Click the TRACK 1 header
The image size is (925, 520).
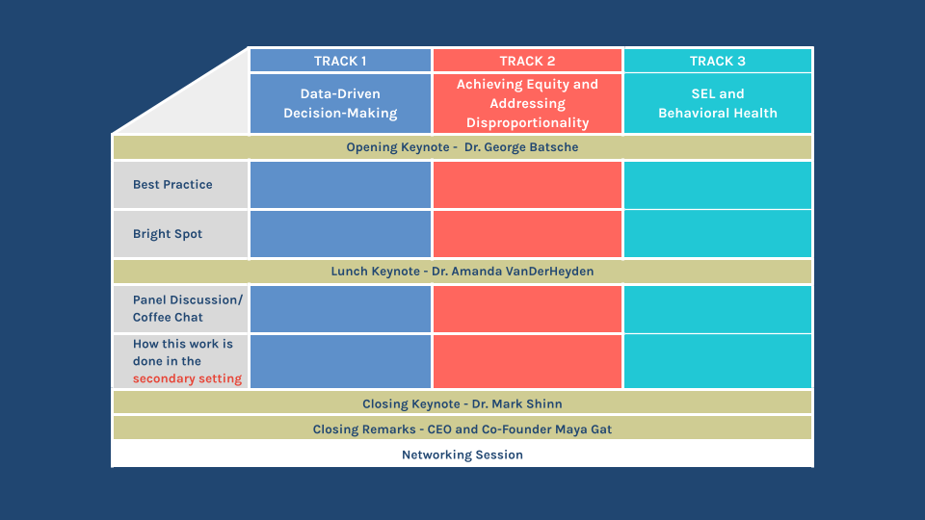coord(340,61)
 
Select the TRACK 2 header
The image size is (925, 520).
coord(527,61)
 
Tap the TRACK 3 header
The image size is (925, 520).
coord(718,61)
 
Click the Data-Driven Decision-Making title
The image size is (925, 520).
coord(340,103)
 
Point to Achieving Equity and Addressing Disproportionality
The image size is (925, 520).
coord(527,103)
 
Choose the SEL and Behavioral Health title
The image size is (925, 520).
coord(718,103)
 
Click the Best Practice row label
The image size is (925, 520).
coord(172,185)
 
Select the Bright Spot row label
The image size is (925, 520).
coord(168,234)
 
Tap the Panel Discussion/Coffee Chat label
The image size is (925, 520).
coord(188,308)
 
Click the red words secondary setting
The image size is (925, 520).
coord(188,378)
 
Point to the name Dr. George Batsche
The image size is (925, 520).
coord(520,147)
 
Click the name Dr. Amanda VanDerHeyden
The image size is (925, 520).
coord(513,272)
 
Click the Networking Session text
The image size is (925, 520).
coord(462,455)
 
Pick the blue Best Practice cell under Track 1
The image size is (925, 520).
coord(340,185)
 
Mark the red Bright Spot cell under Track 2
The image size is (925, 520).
coord(527,234)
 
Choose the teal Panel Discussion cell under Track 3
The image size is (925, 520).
coord(718,308)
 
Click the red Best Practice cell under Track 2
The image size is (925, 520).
coord(527,185)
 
